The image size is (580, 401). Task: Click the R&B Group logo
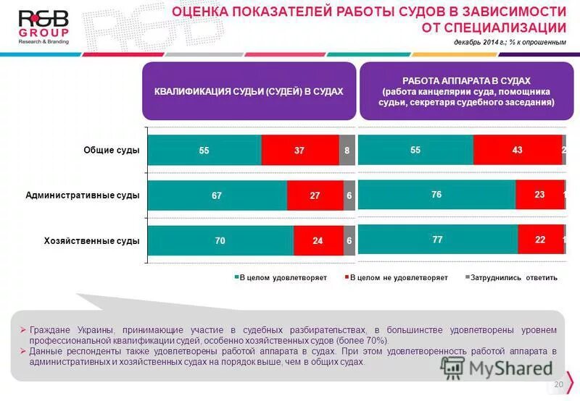pos(43,27)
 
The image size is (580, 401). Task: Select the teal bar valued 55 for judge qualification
pos(204,151)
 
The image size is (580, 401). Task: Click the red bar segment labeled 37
pos(300,151)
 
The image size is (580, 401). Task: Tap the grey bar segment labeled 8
pos(347,151)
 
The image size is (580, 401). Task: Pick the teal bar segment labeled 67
pos(217,195)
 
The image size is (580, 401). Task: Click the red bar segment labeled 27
pos(315,195)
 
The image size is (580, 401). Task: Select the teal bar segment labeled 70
pos(220,240)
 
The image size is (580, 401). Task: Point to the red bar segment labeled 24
pos(318,240)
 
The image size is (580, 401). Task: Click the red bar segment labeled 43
pos(517,150)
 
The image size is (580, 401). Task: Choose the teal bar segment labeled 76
pos(436,195)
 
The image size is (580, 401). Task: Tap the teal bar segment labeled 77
pos(438,239)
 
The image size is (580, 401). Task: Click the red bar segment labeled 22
pos(540,239)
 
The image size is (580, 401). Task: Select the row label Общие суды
pos(111,151)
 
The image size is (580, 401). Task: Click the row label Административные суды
pos(83,195)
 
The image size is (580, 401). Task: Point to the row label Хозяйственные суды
pos(92,240)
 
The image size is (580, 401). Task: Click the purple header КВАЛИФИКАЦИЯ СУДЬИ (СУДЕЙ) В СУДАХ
pos(249,92)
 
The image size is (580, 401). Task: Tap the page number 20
pos(558,384)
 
